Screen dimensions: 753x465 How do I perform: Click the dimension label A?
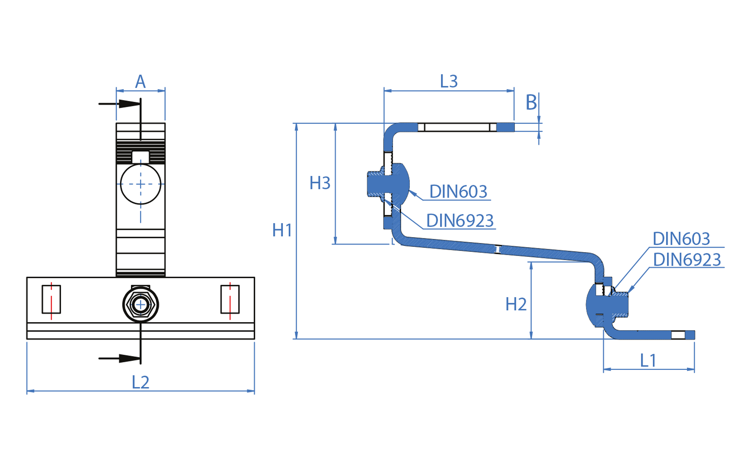coord(140,82)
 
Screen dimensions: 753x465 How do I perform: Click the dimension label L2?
coord(141,382)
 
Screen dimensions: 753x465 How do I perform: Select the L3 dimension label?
coord(448,81)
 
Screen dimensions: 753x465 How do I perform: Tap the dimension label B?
coord(531,102)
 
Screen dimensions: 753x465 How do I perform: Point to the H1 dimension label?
coord(282,230)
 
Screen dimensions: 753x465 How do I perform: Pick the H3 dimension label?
coord(320,183)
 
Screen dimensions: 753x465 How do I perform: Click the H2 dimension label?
coord(516,304)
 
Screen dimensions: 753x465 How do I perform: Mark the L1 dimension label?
coord(648,360)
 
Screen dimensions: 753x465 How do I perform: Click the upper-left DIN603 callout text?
coord(458,191)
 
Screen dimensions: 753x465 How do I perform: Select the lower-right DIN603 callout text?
coord(681,239)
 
